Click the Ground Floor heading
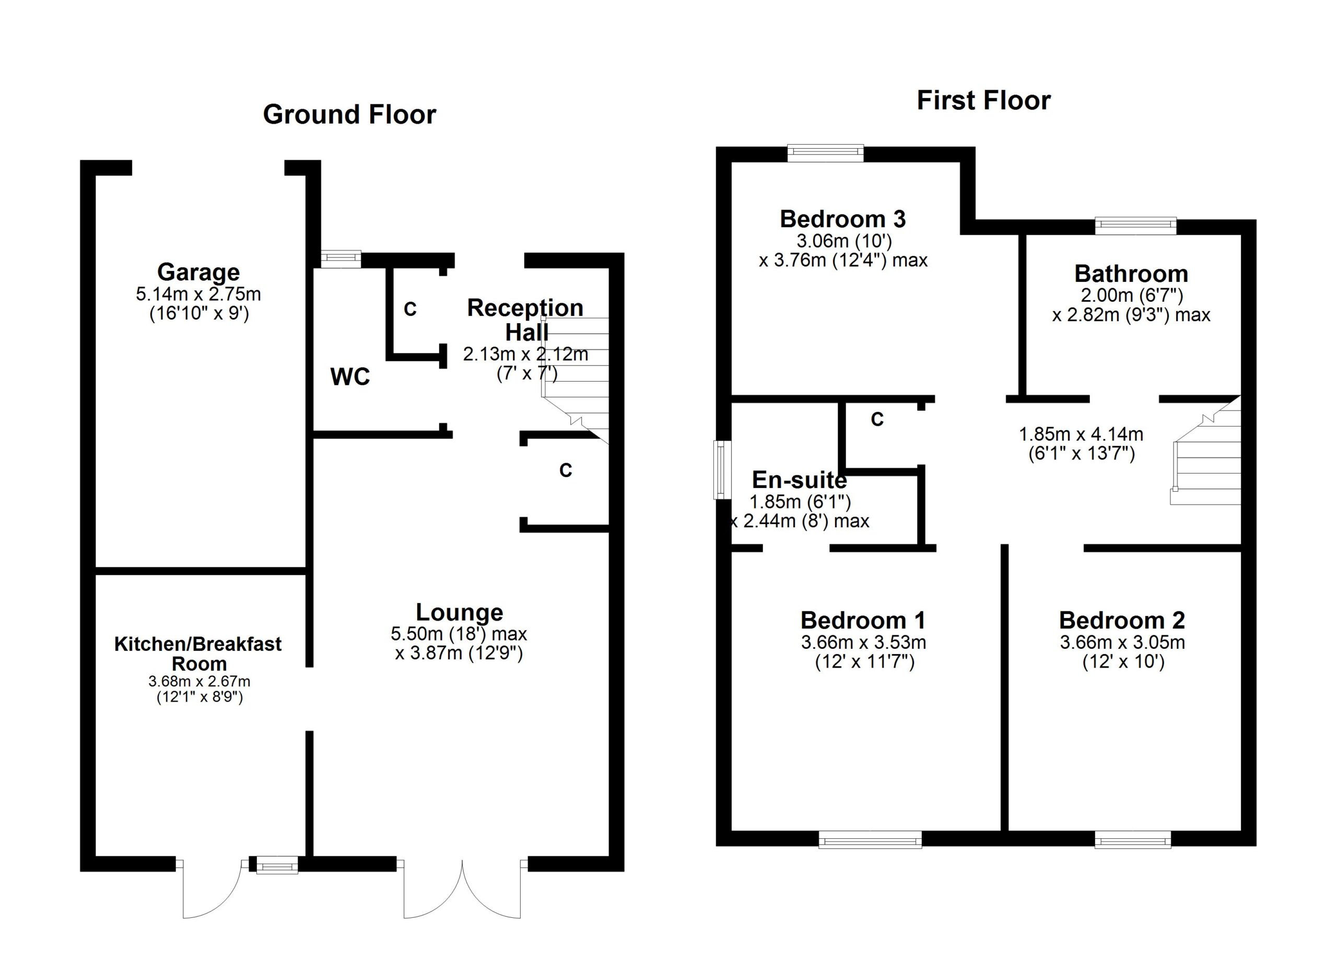[349, 114]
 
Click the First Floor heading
[983, 100]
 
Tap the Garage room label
[198, 272]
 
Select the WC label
[350, 377]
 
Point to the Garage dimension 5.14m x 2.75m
[198, 294]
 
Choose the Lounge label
[459, 612]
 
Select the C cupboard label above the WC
[411, 309]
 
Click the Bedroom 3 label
[842, 219]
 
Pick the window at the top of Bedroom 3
[825, 154]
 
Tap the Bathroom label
[1131, 274]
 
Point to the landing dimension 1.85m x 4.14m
[1081, 435]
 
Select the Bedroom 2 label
[1122, 620]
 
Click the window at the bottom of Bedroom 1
[870, 839]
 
